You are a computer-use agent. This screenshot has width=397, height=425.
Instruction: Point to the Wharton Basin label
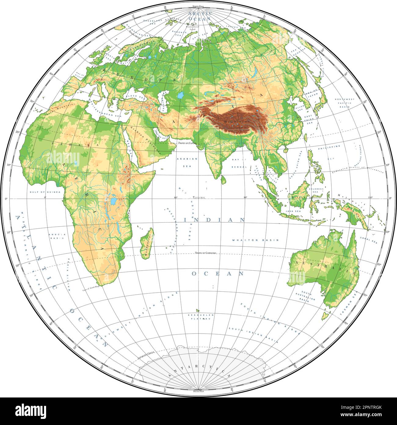click(x=255, y=240)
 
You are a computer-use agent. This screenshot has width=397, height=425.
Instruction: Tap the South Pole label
click(x=198, y=391)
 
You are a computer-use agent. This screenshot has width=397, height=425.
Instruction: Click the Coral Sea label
click(x=369, y=239)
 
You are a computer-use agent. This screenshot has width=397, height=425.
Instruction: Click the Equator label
click(x=199, y=198)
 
